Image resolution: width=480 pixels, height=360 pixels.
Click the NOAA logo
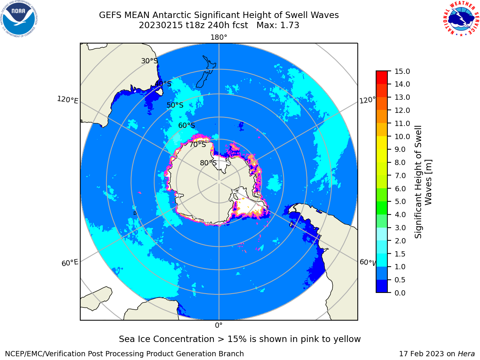19,19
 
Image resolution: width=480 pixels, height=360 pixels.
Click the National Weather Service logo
461,19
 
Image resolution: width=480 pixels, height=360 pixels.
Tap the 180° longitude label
219,37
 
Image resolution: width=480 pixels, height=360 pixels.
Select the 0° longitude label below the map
219,325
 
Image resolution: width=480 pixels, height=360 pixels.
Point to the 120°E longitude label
67,100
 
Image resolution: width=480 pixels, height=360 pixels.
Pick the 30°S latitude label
149,61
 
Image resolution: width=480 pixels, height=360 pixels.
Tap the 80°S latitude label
208,163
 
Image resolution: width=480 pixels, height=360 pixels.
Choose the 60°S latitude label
186,125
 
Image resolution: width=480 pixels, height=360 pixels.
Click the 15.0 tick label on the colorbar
402,71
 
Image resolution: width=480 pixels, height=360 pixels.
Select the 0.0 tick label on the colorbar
400,293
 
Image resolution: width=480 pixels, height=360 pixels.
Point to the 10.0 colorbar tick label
402,136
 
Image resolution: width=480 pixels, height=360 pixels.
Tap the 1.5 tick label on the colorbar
400,254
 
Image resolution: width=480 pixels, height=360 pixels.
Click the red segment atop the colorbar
382,78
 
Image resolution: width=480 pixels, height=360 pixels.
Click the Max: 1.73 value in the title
278,25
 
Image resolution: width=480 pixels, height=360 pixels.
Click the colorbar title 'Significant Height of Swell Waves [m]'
423,182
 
